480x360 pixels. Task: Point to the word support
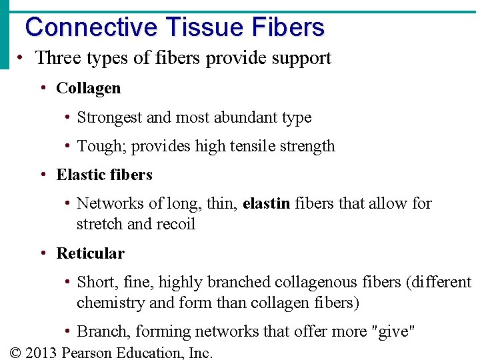301,59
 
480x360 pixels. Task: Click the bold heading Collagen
89,88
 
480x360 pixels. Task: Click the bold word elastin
267,203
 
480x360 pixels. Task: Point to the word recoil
174,224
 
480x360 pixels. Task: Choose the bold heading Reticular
91,253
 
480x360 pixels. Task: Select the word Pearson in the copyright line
86,352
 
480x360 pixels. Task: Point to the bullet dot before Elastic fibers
43,175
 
